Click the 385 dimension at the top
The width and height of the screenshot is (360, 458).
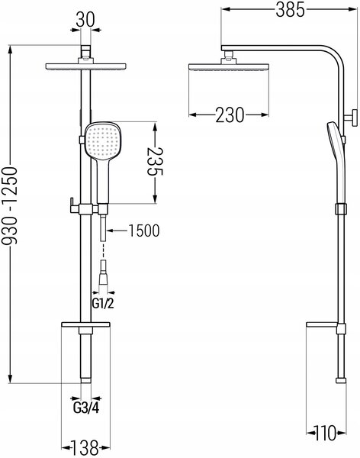click(x=290, y=9)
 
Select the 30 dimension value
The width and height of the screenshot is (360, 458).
click(x=85, y=20)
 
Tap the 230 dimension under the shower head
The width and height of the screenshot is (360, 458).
click(x=230, y=114)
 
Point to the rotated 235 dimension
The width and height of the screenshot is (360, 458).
click(x=155, y=161)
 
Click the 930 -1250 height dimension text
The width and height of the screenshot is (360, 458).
click(x=10, y=205)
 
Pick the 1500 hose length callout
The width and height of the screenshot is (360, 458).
click(x=144, y=231)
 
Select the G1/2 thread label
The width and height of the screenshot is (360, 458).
click(x=103, y=304)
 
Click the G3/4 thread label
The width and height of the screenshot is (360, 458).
click(x=86, y=408)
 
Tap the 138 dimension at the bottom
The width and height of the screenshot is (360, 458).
click(x=85, y=447)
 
